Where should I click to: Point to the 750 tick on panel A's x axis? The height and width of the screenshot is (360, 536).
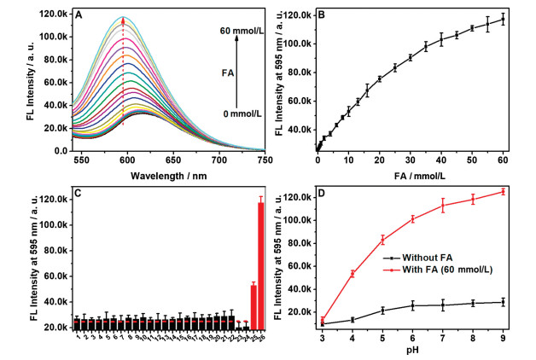click(265, 160)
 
